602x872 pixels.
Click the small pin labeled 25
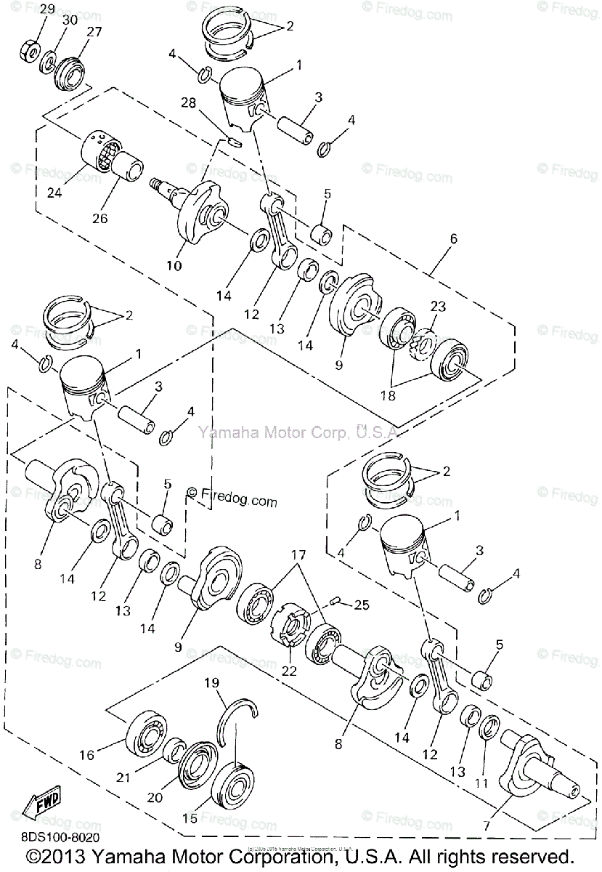(335, 600)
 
